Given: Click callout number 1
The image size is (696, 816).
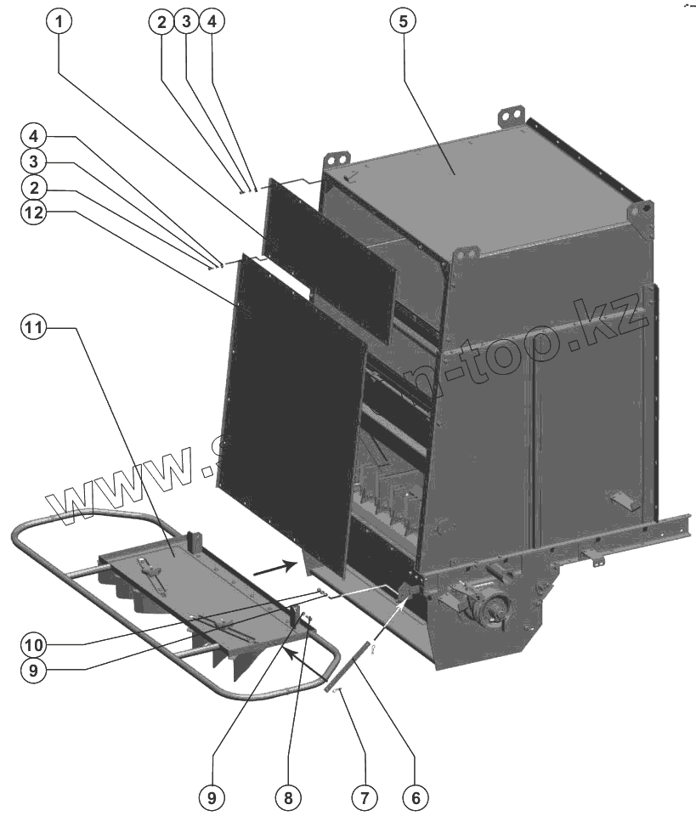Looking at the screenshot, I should point(58,23).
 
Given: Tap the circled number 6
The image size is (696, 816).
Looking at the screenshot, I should point(414,797).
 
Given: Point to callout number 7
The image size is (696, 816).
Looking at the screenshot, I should point(364,797).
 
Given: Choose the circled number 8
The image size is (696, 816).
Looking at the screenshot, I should point(288,797).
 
